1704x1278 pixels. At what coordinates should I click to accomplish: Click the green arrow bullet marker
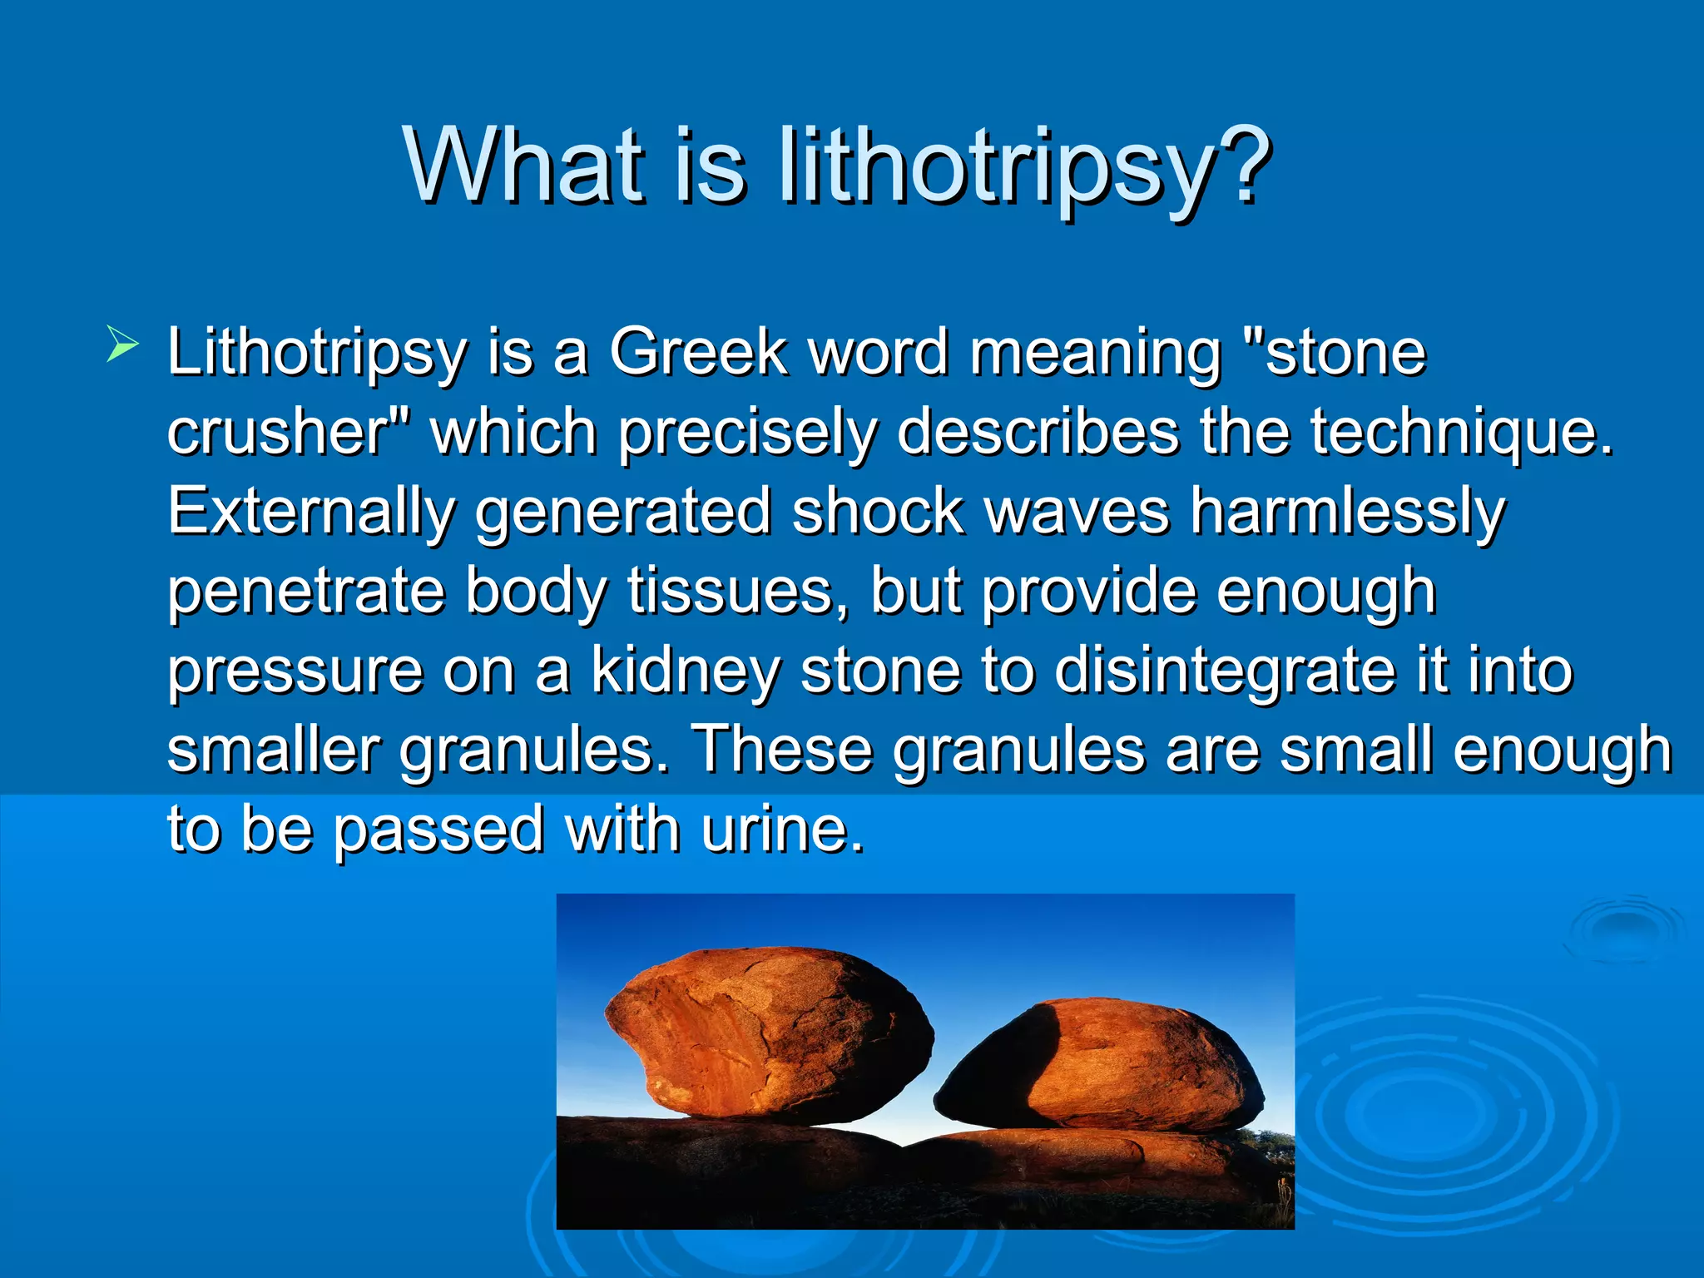[121, 344]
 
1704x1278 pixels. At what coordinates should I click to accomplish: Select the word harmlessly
[1347, 513]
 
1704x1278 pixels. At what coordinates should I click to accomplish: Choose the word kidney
[686, 671]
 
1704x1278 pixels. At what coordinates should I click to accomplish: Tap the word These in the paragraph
[782, 749]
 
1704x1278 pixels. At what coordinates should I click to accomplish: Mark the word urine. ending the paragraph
[782, 829]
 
